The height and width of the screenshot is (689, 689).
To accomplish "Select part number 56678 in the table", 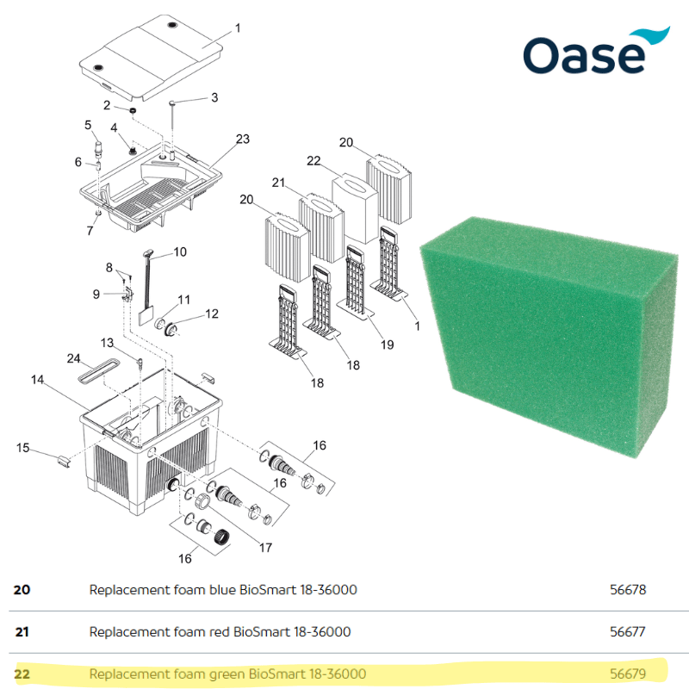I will (627, 590).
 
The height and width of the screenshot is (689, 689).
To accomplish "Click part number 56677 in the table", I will (627, 631).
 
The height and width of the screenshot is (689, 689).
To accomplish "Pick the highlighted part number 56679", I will (627, 673).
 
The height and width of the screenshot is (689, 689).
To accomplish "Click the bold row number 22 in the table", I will (22, 673).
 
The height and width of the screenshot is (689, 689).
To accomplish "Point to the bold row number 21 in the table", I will (22, 632).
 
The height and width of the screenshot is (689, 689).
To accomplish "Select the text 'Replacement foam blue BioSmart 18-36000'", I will (223, 590).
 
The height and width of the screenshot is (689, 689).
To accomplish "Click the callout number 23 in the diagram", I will (242, 139).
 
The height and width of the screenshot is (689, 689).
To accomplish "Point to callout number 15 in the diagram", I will (22, 447).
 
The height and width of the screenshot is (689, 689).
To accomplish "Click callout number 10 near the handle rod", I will (180, 252).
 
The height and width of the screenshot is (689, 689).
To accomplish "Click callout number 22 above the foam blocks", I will (313, 161).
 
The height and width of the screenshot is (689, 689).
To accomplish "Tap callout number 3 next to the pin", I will (214, 97).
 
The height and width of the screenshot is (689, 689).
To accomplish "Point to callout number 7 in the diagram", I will (90, 231).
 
